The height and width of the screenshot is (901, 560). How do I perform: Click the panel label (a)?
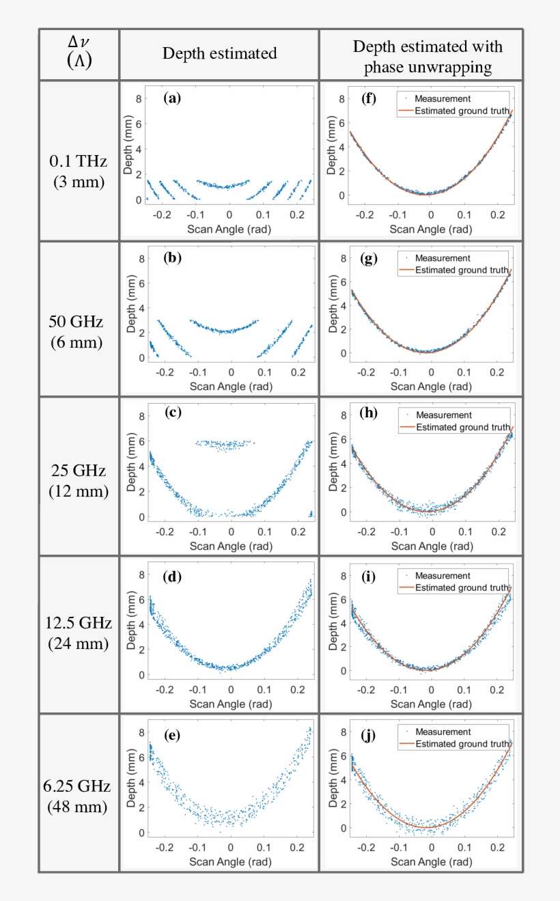click(172, 98)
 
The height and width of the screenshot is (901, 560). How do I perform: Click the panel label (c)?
click(173, 413)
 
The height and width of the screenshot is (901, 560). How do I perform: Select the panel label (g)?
click(369, 257)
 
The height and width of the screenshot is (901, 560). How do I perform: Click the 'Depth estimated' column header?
click(220, 54)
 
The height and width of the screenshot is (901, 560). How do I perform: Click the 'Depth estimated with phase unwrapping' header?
click(428, 56)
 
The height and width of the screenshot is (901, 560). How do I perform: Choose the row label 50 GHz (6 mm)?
click(78, 331)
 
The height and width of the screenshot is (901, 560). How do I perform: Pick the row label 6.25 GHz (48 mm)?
click(78, 795)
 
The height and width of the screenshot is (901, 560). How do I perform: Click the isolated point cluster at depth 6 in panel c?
click(225, 444)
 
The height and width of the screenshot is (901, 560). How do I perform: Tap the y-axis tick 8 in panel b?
click(141, 258)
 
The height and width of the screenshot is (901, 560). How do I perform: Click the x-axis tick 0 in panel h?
click(431, 531)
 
